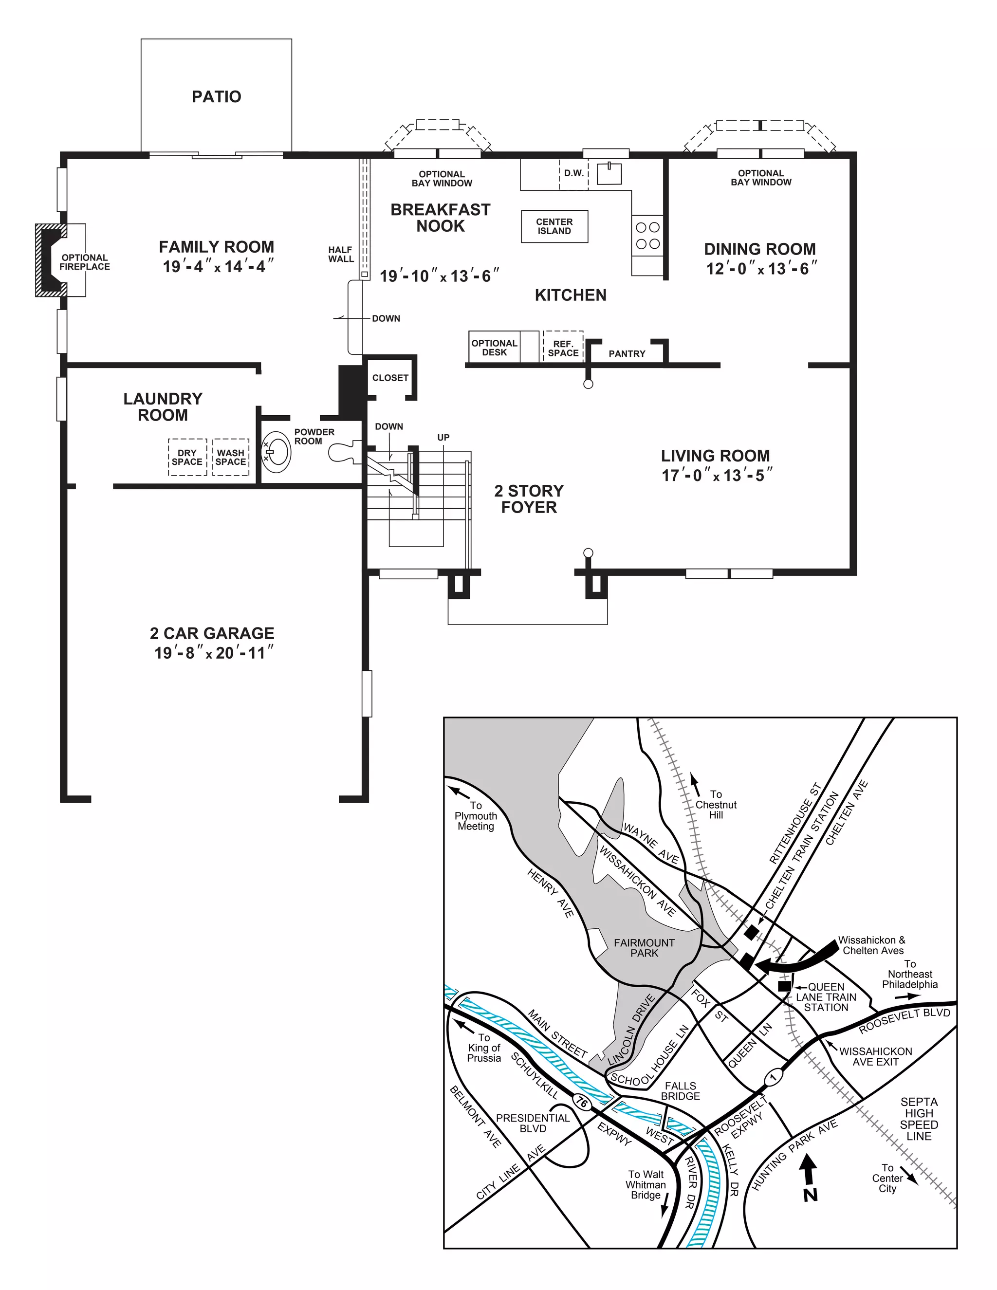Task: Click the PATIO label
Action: click(216, 97)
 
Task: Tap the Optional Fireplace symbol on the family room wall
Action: click(50, 260)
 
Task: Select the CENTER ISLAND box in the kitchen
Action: click(554, 226)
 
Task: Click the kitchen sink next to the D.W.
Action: click(609, 174)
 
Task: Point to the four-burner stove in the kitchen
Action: click(647, 235)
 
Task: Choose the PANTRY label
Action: click(627, 354)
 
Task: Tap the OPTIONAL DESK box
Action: click(495, 347)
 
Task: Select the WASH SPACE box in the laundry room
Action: click(230, 457)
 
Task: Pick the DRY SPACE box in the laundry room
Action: click(187, 457)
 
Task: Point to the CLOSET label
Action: click(390, 378)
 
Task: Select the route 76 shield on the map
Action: click(581, 1102)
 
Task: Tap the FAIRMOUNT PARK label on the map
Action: click(644, 948)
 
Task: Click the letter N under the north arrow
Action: click(811, 1195)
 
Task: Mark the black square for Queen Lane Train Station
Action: click(784, 986)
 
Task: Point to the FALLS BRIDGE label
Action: click(681, 1091)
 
